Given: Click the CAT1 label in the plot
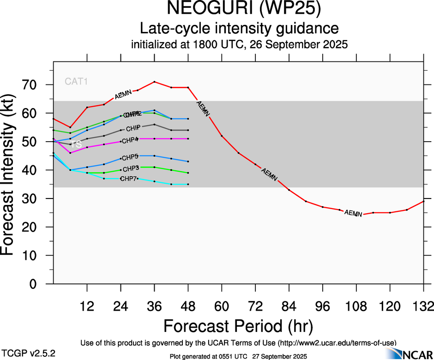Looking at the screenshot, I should click(x=76, y=82).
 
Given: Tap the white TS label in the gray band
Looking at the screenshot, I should click(x=76, y=144).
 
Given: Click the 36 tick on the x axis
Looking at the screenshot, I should click(x=154, y=306).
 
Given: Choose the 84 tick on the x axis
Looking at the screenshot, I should click(x=289, y=306).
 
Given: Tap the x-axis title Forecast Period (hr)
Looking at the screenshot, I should click(x=238, y=326).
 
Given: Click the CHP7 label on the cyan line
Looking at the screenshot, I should click(x=128, y=179).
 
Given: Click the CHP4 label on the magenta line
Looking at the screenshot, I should click(x=130, y=140).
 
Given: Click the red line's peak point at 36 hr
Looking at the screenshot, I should click(x=154, y=82).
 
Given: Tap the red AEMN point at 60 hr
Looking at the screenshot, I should click(x=222, y=136).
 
